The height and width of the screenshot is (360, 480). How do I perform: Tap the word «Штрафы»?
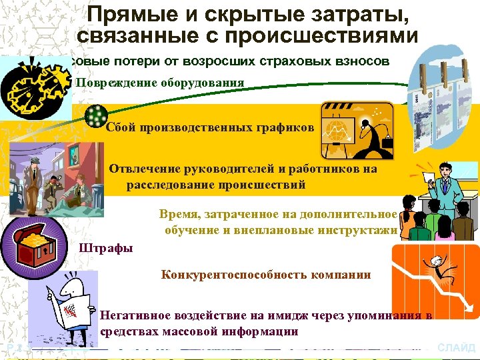point(105,249)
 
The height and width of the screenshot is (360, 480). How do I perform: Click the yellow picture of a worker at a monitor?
point(357,129)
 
